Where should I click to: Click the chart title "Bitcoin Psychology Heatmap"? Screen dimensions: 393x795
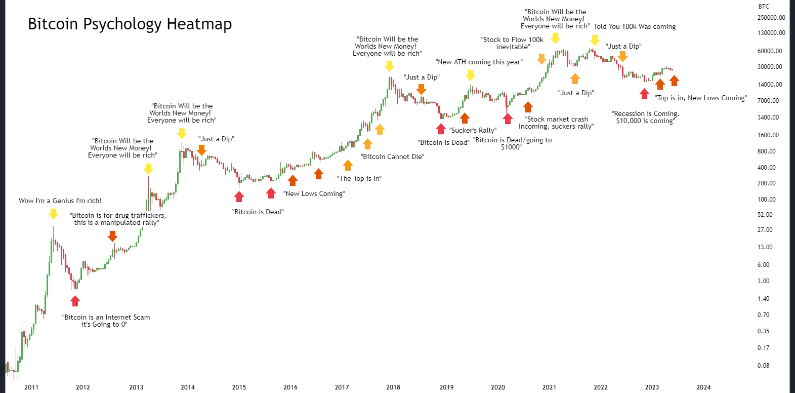click(x=130, y=24)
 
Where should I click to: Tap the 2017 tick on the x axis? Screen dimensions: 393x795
click(x=342, y=387)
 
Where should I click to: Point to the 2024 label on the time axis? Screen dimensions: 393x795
click(x=703, y=387)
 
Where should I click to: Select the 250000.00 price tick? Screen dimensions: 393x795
click(x=771, y=18)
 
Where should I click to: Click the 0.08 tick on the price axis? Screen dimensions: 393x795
click(x=763, y=365)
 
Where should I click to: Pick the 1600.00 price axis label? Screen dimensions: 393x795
click(x=768, y=135)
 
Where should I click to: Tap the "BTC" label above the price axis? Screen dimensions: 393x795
click(x=764, y=7)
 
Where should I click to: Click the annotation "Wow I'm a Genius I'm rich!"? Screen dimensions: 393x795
click(x=60, y=201)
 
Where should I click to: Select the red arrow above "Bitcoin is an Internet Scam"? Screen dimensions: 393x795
click(x=75, y=301)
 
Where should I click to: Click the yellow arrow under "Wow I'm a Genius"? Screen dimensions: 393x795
click(x=53, y=214)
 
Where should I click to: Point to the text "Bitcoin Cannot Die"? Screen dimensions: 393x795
click(x=392, y=157)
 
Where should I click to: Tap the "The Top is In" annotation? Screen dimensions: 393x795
click(x=359, y=179)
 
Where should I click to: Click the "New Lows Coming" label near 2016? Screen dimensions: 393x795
click(x=314, y=194)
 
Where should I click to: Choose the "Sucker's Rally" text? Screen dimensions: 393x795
click(x=473, y=131)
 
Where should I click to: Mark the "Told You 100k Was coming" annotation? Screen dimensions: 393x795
click(x=635, y=27)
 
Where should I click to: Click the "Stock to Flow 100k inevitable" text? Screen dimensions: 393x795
click(x=513, y=43)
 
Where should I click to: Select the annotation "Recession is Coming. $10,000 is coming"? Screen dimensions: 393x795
click(x=645, y=117)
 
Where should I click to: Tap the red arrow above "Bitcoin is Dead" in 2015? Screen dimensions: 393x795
click(x=239, y=196)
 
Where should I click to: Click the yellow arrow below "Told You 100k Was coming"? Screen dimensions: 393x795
click(x=595, y=40)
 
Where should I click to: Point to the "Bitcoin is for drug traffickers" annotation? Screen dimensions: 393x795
click(x=117, y=219)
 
